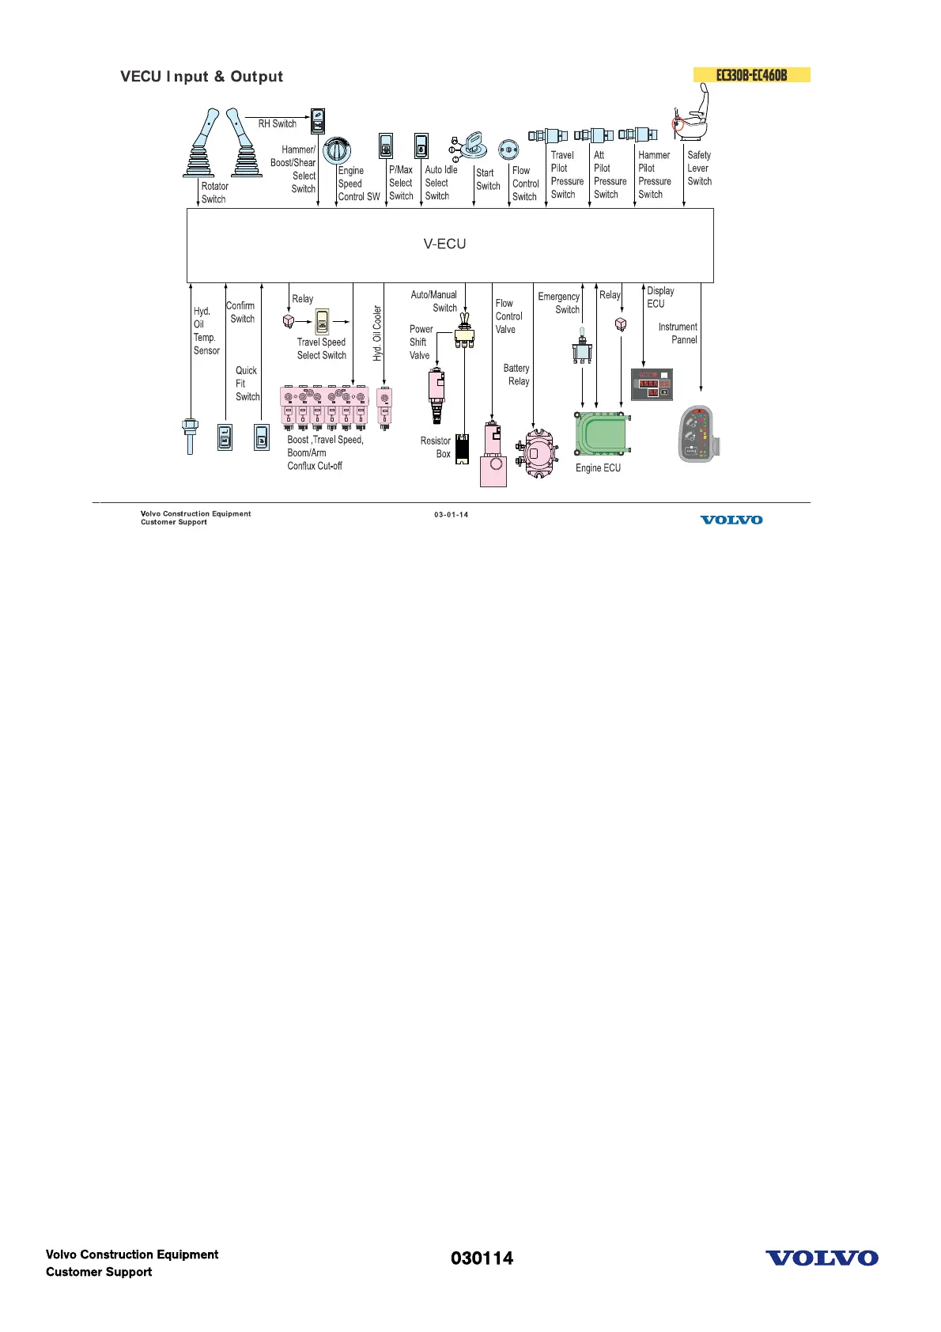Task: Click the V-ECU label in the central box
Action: click(444, 244)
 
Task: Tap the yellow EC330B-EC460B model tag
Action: click(751, 75)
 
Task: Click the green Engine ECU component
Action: click(602, 433)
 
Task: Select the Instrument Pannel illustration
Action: click(696, 434)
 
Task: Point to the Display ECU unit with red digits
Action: click(652, 384)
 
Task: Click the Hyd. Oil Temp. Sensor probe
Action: click(190, 435)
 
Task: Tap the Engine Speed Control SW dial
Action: click(337, 150)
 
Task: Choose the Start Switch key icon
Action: click(472, 145)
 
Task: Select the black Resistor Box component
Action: click(463, 448)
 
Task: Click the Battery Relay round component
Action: click(537, 453)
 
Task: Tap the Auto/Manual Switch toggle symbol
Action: click(465, 334)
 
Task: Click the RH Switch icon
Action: click(318, 121)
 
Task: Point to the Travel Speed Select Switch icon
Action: click(322, 322)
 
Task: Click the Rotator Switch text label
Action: click(214, 193)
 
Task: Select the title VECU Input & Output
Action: click(202, 77)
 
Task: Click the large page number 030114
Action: click(482, 1258)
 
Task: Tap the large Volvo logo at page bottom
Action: click(822, 1258)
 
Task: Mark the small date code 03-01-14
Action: click(451, 515)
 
